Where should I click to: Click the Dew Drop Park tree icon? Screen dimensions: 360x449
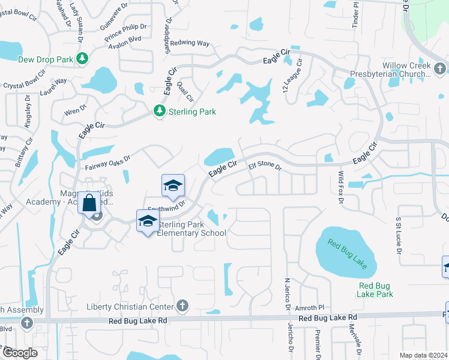pyautogui.click(x=82, y=59)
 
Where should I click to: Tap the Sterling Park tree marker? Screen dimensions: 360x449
pyautogui.click(x=159, y=111)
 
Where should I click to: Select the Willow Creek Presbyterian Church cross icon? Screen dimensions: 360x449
pyautogui.click(x=440, y=67)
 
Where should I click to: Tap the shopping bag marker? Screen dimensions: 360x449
pyautogui.click(x=89, y=203)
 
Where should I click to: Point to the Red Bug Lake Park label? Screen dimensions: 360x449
pyautogui.click(x=376, y=290)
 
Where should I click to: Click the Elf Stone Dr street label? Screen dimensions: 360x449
pyautogui.click(x=265, y=165)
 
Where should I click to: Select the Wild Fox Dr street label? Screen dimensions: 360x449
pyautogui.click(x=339, y=188)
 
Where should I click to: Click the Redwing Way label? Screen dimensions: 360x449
pyautogui.click(x=190, y=43)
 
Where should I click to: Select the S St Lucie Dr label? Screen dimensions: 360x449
pyautogui.click(x=397, y=235)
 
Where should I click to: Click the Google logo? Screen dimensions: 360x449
pyautogui.click(x=19, y=353)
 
